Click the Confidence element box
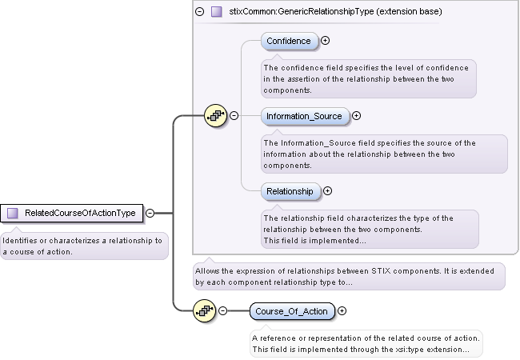[289, 41]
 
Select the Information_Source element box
[304, 116]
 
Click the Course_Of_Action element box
[292, 311]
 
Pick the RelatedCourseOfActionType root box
[74, 214]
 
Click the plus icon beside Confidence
[326, 41]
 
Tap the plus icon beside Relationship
[327, 191]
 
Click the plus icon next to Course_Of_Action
[342, 311]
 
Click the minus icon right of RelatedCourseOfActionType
[150, 214]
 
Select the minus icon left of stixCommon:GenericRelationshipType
[200, 12]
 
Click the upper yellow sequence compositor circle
[216, 115]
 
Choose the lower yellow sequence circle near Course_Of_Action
[205, 311]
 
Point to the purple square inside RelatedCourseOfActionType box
[13, 214]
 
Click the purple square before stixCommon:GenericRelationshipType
[216, 12]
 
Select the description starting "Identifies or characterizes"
[83, 246]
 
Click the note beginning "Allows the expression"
[349, 276]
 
